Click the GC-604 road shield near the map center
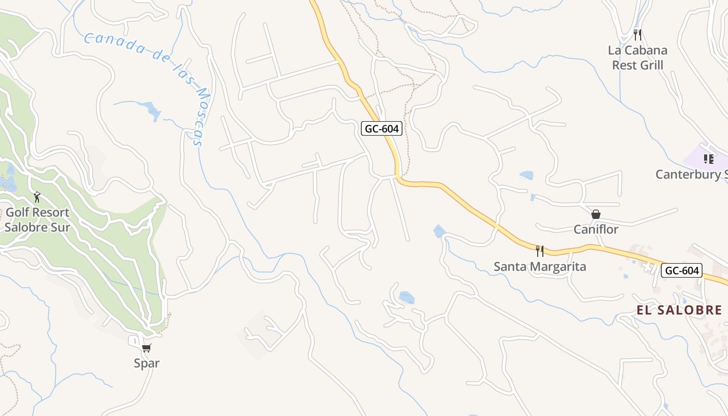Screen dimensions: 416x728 382,128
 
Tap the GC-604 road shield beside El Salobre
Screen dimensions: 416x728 682,270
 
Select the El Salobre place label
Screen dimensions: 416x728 679,310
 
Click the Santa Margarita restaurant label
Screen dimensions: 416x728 540,267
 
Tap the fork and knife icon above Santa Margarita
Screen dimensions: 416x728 540,251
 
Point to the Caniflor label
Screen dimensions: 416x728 596,229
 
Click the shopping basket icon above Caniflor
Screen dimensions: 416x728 596,214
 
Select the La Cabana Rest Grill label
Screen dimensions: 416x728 638,58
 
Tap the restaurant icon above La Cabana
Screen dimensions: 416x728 638,35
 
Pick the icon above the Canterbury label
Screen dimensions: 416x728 708,159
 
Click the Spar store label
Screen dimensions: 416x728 147,363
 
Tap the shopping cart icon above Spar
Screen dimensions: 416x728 147,348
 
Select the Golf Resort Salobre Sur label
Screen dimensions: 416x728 37,220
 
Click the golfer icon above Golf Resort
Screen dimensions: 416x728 37,197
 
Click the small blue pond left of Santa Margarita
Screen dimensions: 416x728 439,231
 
